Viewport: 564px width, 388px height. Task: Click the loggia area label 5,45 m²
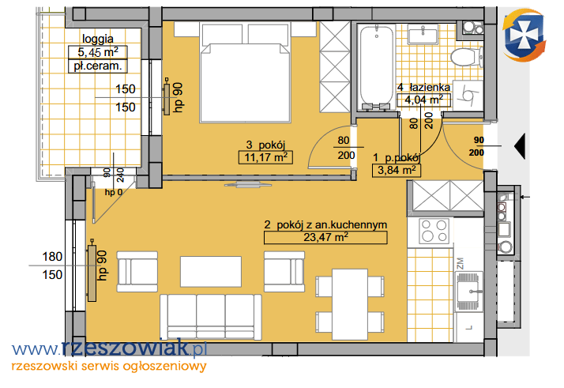tap(98, 52)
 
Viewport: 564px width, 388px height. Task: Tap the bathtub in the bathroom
tap(376, 66)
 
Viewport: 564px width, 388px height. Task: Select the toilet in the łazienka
tap(467, 58)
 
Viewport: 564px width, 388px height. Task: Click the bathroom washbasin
tap(423, 35)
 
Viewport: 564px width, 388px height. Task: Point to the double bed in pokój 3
tap(246, 72)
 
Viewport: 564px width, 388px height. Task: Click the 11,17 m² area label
tap(266, 157)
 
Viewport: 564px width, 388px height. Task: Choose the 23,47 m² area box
tap(325, 238)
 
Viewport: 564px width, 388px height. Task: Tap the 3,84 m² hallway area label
tap(397, 170)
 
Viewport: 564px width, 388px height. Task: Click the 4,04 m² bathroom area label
tap(423, 100)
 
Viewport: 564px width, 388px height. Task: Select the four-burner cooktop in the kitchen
tap(434, 231)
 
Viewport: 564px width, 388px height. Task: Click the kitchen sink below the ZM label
tap(469, 291)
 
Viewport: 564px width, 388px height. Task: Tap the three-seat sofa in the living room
tap(211, 316)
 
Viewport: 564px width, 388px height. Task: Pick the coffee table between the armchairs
tap(211, 271)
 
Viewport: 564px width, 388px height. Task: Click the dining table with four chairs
tap(350, 304)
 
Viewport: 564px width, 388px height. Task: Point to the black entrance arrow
tap(520, 146)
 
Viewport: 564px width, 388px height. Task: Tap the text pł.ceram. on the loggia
tap(98, 66)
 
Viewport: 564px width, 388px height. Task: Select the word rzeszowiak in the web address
tap(125, 348)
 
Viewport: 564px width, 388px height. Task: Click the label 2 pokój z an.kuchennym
tap(325, 225)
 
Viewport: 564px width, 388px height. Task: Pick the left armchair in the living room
tap(137, 271)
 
